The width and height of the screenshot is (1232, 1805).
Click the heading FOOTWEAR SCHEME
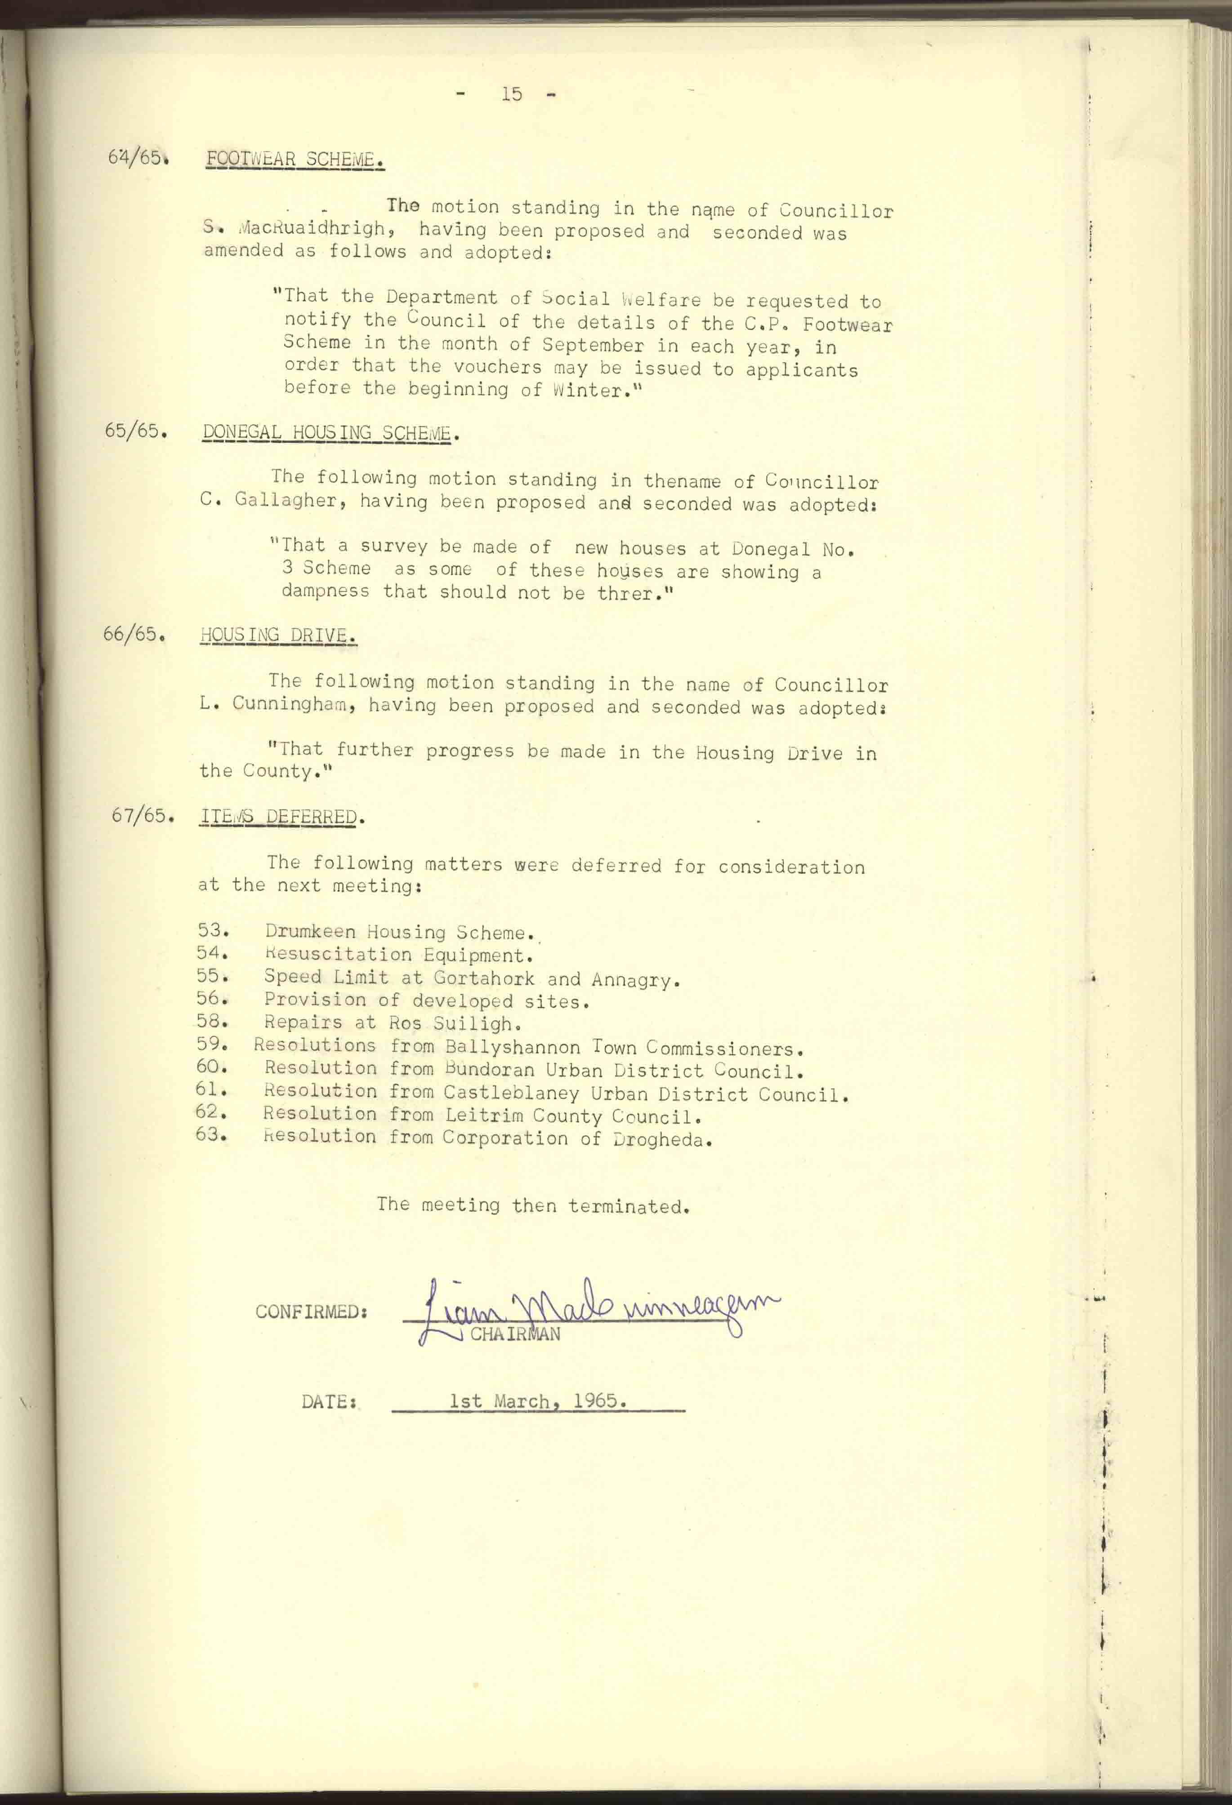pos(295,159)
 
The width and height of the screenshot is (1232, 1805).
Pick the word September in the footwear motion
pos(593,344)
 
